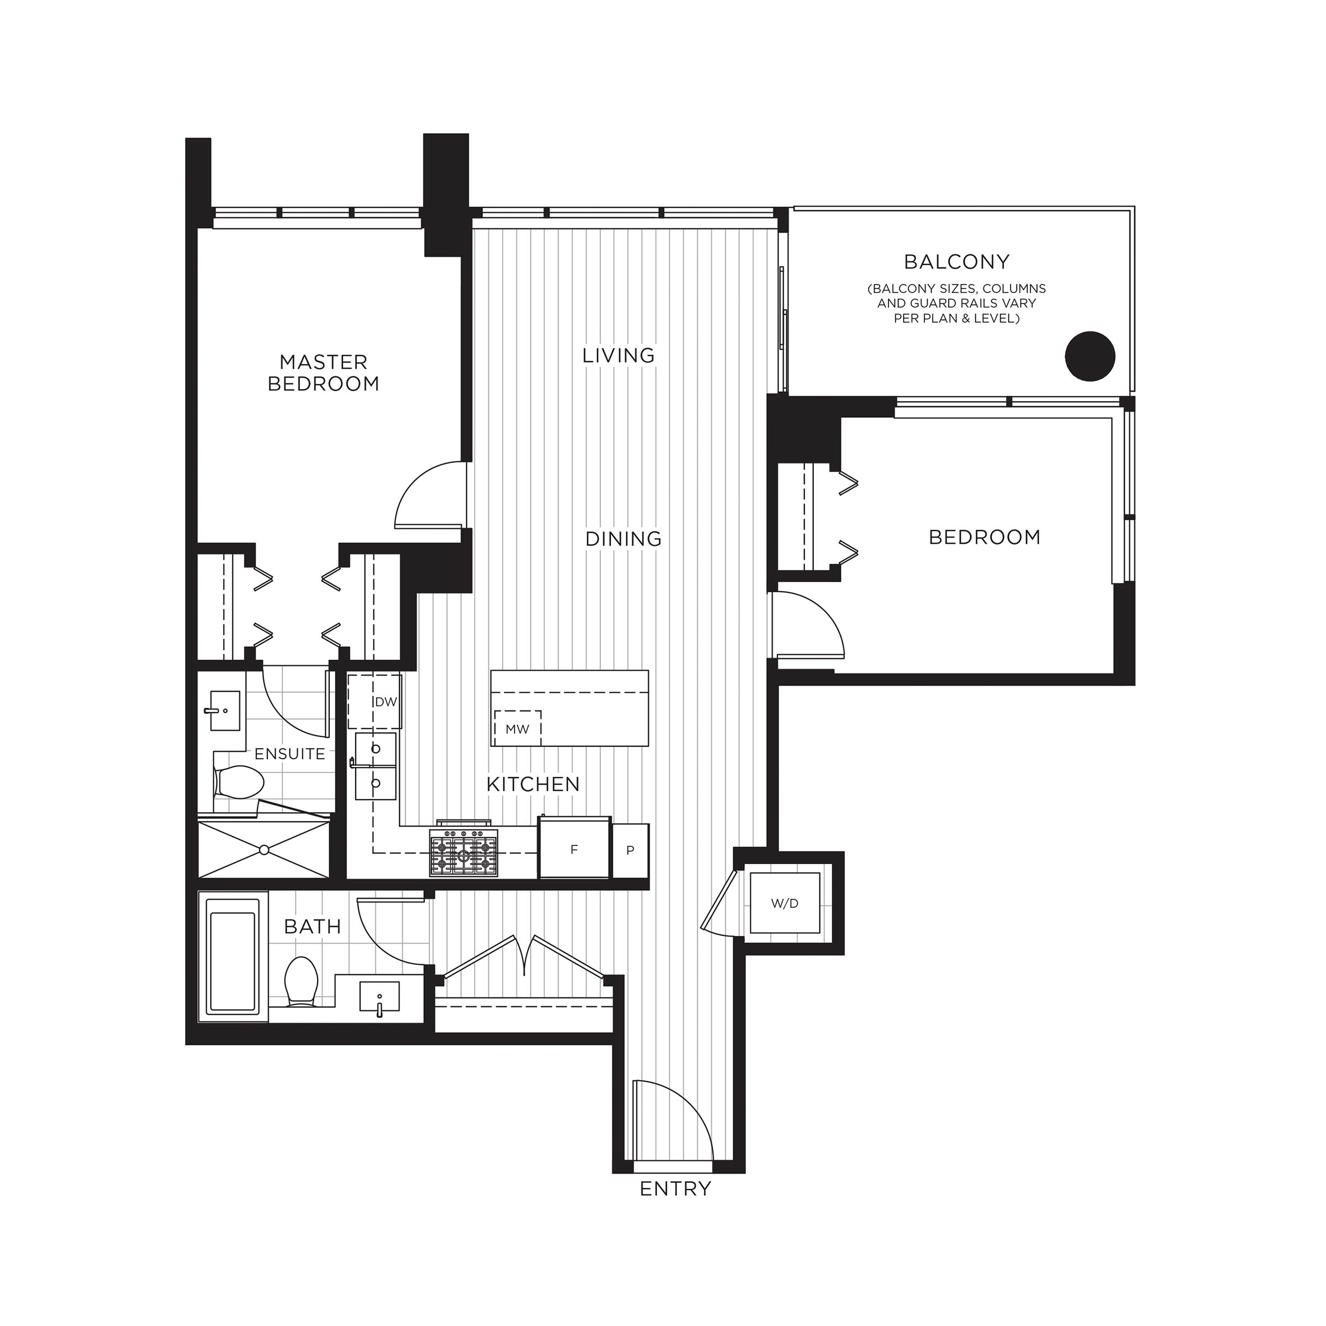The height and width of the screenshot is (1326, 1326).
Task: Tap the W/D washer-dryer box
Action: pyautogui.click(x=785, y=903)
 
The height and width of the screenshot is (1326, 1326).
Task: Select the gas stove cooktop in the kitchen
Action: pyautogui.click(x=464, y=853)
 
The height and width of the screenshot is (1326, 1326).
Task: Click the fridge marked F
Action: pyautogui.click(x=574, y=849)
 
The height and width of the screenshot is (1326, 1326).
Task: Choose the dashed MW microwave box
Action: pyautogui.click(x=518, y=728)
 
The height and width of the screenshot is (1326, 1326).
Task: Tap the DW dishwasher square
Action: pyautogui.click(x=375, y=702)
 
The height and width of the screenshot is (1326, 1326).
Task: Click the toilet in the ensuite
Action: pyautogui.click(x=238, y=782)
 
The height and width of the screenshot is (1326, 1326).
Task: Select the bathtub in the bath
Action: pyautogui.click(x=233, y=961)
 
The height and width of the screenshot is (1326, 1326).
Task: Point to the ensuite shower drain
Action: pyautogui.click(x=264, y=850)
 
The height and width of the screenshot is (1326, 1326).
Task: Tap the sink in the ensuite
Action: pyautogui.click(x=224, y=711)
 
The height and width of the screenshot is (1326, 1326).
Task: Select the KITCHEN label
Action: pyautogui.click(x=533, y=784)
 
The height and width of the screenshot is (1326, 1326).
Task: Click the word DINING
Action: pyautogui.click(x=623, y=539)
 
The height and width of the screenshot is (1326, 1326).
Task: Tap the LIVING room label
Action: pyautogui.click(x=618, y=355)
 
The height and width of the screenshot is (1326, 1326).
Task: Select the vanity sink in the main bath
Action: pyautogui.click(x=380, y=997)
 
